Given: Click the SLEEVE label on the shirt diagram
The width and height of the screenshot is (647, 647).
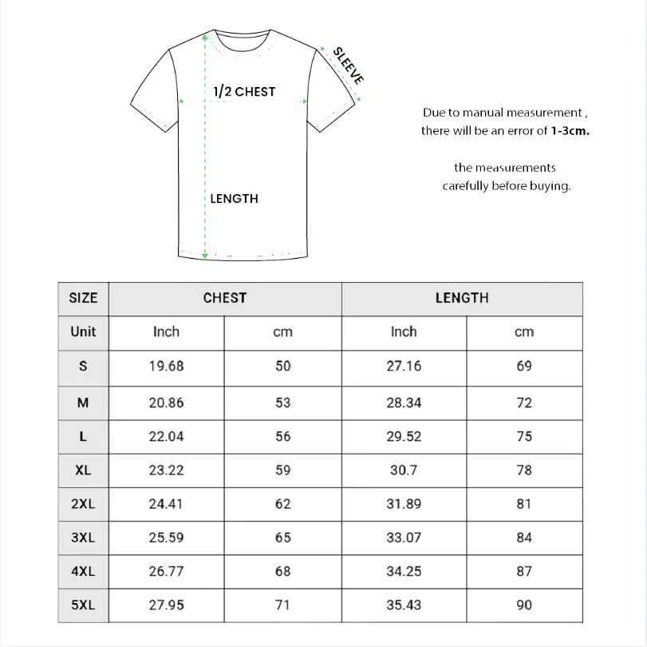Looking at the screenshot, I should [349, 65].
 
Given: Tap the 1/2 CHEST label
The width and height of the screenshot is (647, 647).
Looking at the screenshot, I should [244, 92].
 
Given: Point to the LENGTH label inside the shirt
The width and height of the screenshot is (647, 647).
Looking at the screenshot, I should [234, 198].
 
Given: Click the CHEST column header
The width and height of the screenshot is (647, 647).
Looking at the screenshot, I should [225, 298].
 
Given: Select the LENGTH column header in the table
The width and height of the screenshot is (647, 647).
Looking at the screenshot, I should [462, 298].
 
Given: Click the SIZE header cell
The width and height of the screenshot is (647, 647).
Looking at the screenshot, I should [83, 298].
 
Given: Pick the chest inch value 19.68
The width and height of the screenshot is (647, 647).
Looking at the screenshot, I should [166, 366].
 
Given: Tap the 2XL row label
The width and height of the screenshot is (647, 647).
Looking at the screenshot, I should [83, 504].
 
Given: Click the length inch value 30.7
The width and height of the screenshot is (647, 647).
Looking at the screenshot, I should [404, 470].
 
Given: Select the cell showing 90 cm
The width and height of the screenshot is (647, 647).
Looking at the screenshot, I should [523, 605].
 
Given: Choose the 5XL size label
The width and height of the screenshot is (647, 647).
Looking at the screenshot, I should [83, 605].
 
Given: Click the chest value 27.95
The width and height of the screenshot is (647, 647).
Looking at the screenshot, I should [166, 605].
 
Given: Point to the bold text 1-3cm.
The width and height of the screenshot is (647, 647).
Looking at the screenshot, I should [570, 130].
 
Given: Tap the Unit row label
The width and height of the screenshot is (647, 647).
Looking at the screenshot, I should [83, 331].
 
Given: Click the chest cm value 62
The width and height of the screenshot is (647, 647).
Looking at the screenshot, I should [283, 504].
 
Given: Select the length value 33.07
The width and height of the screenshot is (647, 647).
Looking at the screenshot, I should [404, 538].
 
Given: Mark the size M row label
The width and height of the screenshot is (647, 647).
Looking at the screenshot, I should [83, 403].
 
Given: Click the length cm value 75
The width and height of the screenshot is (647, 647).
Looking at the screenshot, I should [523, 436].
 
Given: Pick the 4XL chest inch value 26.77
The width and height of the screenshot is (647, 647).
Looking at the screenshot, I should [166, 571].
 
